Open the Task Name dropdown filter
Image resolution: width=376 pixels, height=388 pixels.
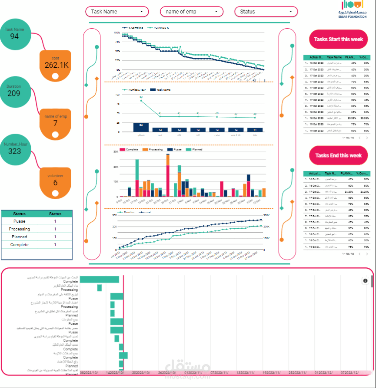click(x=117, y=12)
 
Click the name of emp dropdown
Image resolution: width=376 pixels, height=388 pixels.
click(x=192, y=12)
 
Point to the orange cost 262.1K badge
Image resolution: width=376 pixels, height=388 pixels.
click(x=56, y=64)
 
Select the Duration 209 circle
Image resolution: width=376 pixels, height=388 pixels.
click(x=14, y=91)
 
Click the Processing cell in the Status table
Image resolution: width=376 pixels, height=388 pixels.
click(x=20, y=229)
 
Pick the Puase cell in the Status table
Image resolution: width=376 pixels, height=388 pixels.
click(x=20, y=221)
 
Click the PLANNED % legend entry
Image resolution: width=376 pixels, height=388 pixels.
click(x=159, y=27)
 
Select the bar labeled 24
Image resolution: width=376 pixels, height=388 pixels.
click(x=141, y=127)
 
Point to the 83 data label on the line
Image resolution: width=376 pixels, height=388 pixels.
click(x=141, y=97)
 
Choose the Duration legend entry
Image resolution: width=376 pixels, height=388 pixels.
click(x=128, y=213)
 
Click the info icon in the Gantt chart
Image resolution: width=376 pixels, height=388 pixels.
click(x=365, y=281)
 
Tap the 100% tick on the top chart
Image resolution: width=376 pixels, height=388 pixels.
click(x=116, y=33)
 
